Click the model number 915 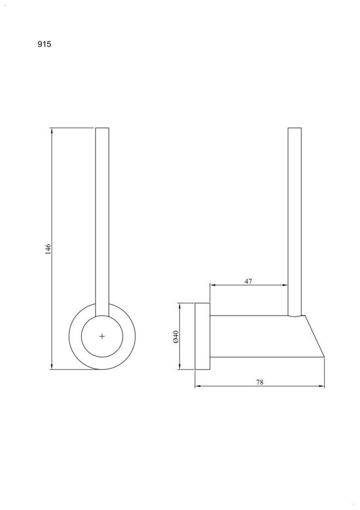click(44, 44)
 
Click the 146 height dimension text click(48, 249)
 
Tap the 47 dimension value click(248, 281)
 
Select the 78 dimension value click(259, 382)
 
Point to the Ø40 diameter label click(176, 336)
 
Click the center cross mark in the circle click(102, 336)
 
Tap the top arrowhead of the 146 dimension click(51, 130)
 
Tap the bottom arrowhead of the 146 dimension click(51, 367)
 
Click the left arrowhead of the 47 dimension click(213, 285)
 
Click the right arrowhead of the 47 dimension click(285, 285)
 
